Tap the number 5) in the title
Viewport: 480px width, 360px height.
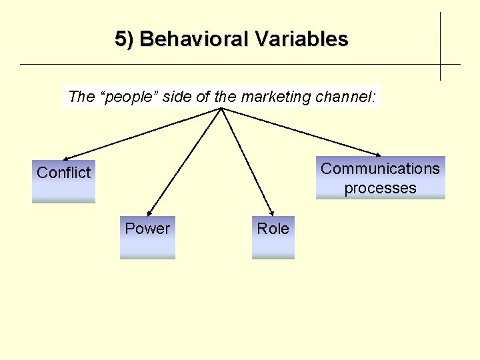(125, 39)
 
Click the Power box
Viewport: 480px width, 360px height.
(147, 237)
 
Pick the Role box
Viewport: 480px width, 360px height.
(273, 237)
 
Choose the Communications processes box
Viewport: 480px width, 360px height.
(380, 178)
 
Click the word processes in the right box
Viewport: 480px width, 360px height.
(380, 188)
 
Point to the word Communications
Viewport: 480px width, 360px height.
(380, 169)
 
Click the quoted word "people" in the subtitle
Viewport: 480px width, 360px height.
(129, 97)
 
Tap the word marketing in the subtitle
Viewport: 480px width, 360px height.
(275, 97)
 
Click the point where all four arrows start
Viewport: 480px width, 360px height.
(221, 109)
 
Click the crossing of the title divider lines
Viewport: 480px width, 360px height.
(440, 64)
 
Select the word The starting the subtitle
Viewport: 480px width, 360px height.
(81, 97)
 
